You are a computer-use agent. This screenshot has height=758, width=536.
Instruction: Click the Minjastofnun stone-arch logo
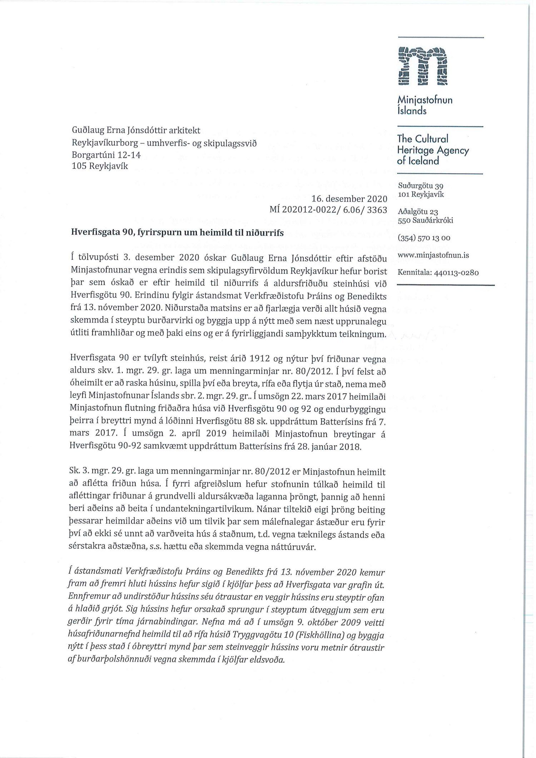[x=422, y=66]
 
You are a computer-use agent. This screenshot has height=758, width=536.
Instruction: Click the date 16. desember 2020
[x=349, y=199]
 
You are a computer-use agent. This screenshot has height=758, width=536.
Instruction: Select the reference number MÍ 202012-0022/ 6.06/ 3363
[x=328, y=210]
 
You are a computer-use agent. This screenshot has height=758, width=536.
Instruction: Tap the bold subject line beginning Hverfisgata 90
[x=178, y=233]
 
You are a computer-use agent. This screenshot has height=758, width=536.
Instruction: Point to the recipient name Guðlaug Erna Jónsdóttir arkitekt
[x=136, y=130]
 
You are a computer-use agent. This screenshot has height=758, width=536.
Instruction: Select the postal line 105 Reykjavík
[x=100, y=166]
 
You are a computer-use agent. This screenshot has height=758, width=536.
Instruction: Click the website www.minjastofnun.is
[x=433, y=255]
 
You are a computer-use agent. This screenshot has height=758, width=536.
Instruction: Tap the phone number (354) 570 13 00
[x=424, y=238]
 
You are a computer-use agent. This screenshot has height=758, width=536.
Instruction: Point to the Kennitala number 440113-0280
[x=456, y=273]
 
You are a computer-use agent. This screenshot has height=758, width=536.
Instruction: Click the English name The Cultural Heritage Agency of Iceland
[x=432, y=150]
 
